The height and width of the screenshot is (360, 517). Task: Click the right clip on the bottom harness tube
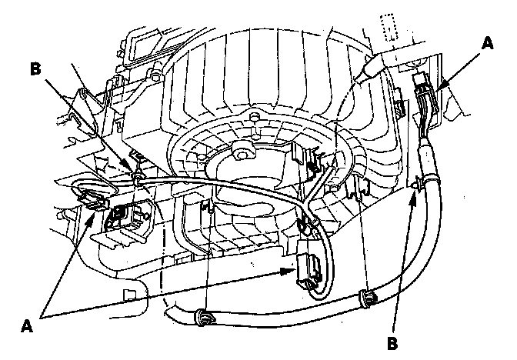click(x=369, y=296)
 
